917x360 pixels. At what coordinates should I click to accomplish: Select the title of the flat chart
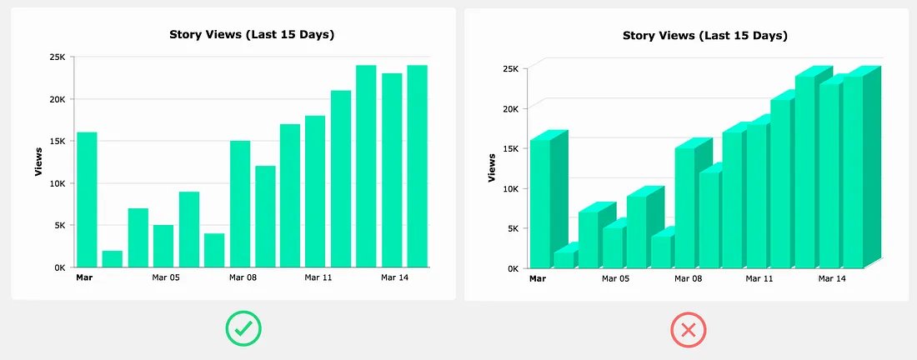click(x=253, y=34)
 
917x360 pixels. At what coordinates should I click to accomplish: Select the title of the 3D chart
click(x=705, y=36)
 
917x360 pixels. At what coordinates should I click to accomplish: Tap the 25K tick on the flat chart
click(x=58, y=57)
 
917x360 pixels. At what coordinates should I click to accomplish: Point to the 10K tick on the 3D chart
click(x=509, y=188)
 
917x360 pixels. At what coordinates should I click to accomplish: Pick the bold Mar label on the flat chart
click(x=83, y=277)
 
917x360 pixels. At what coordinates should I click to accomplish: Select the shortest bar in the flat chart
click(x=113, y=258)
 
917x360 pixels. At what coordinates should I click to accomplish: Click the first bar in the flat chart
click(x=87, y=199)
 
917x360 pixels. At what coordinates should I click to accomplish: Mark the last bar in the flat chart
click(x=417, y=166)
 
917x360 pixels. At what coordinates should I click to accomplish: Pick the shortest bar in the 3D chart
click(x=564, y=258)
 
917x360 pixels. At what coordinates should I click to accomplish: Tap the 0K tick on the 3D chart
click(x=511, y=268)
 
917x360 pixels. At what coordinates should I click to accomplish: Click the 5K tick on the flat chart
click(x=59, y=225)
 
